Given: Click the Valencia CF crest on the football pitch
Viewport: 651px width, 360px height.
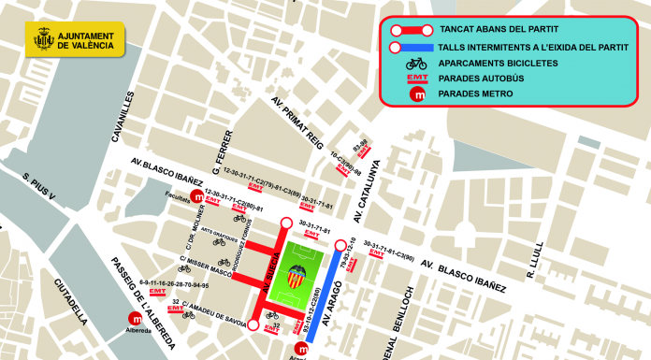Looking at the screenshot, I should click(x=300, y=276).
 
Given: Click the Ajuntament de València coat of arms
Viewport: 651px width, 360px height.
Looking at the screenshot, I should click(x=42, y=40).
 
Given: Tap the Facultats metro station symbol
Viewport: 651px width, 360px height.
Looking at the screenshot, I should click(x=197, y=197).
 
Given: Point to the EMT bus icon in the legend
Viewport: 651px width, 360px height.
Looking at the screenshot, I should click(x=417, y=79).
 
